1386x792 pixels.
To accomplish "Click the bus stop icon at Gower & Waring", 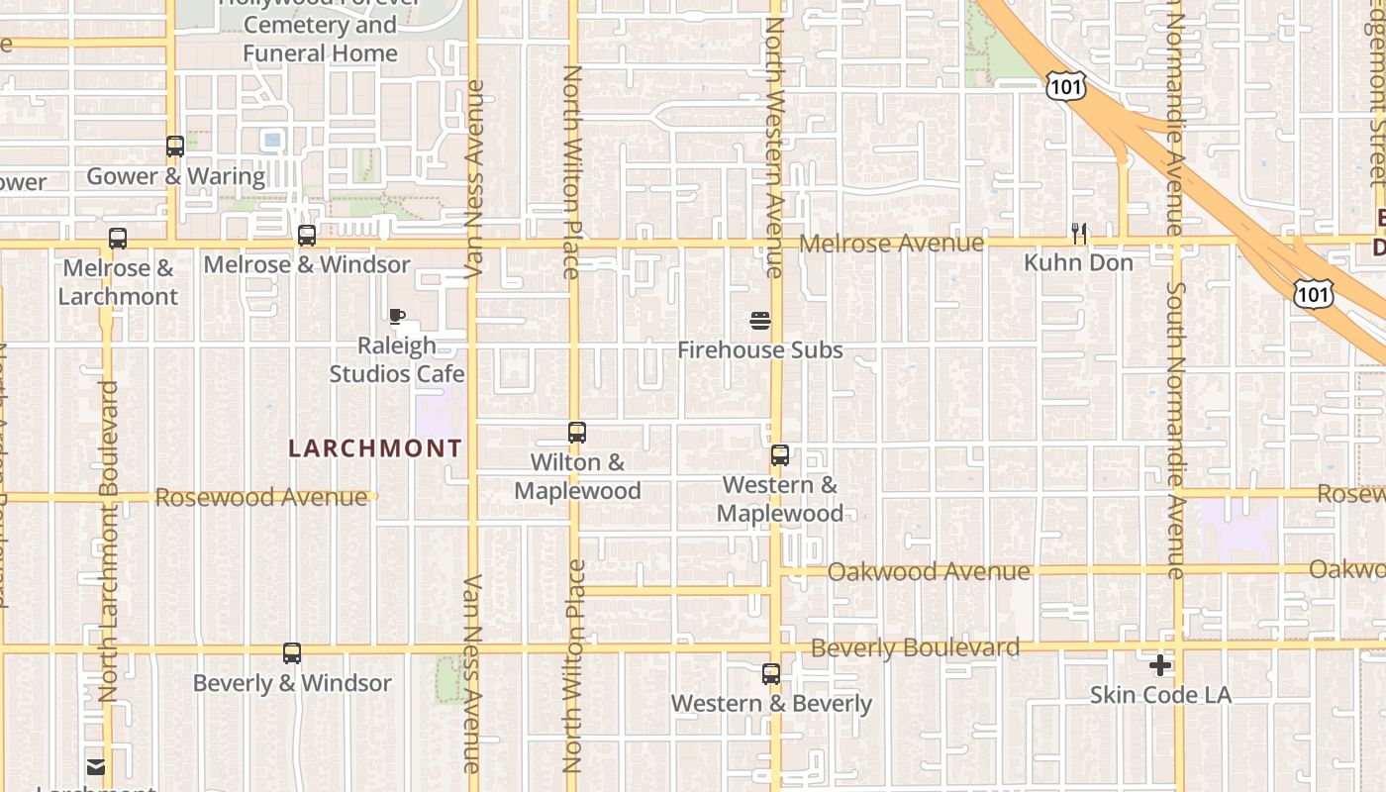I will (x=175, y=147).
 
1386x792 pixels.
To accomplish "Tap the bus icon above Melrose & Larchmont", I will (x=118, y=238).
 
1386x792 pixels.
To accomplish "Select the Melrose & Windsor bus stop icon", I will (x=307, y=236).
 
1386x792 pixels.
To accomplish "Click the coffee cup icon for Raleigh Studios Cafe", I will (x=397, y=317).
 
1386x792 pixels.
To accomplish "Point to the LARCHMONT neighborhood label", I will (x=375, y=448).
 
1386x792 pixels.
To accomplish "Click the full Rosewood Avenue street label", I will (x=261, y=497).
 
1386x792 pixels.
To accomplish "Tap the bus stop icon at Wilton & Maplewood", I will (x=577, y=433).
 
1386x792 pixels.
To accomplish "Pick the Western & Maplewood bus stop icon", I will (x=780, y=455).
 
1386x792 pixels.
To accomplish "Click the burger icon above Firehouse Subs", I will (x=760, y=321).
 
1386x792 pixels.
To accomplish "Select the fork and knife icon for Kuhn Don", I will (x=1079, y=234).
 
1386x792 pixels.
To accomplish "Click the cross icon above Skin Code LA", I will (x=1160, y=665).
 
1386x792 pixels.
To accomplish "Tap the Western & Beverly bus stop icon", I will (x=771, y=674).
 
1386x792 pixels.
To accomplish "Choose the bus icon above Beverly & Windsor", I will (x=292, y=653).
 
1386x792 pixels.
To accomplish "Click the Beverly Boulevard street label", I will (x=915, y=648).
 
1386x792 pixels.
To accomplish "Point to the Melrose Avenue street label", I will (x=892, y=244).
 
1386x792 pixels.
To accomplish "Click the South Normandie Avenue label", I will (x=1175, y=431).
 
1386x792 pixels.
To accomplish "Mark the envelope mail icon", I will (x=96, y=766).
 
